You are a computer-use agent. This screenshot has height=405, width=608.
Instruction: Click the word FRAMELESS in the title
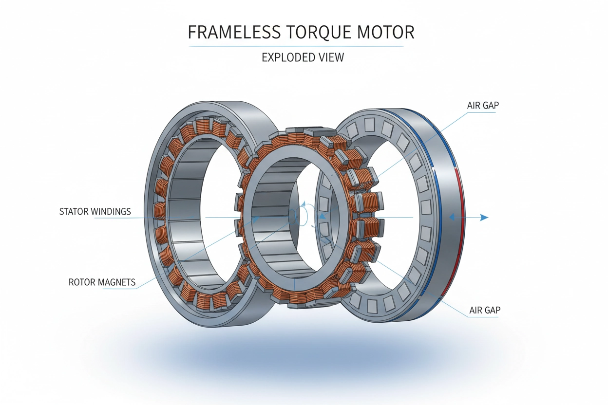[x=234, y=32]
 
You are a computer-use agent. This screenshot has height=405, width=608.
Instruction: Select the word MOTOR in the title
[x=387, y=32]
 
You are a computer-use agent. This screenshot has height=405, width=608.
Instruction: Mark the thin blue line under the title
[x=296, y=46]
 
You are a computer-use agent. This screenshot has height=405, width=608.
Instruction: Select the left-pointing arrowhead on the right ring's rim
[x=452, y=218]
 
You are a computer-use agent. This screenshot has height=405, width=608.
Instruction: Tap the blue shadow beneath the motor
[x=292, y=360]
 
